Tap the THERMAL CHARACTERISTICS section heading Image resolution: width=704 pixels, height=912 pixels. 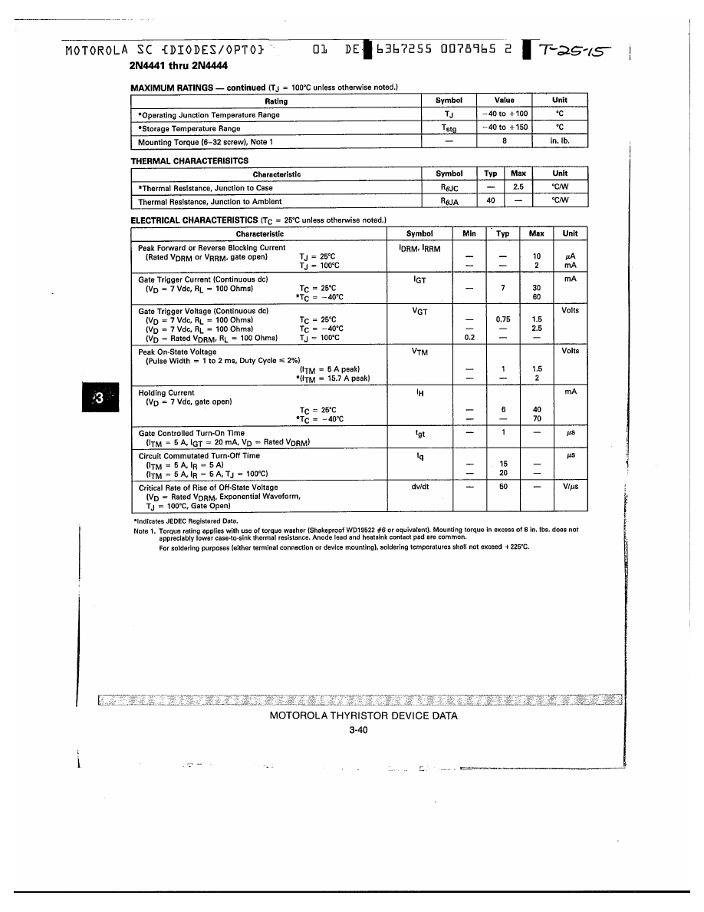(x=189, y=160)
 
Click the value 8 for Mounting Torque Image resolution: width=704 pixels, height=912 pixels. (x=504, y=142)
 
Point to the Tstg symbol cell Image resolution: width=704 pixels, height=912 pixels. (x=449, y=129)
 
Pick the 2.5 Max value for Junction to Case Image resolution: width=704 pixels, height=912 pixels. (x=518, y=187)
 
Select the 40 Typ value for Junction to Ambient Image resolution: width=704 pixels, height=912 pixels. (x=491, y=201)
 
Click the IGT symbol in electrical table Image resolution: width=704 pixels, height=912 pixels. (x=419, y=280)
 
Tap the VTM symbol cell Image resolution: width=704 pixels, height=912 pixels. (x=419, y=352)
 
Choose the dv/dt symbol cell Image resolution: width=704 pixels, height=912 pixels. (x=419, y=487)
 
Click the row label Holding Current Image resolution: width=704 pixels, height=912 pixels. (x=166, y=393)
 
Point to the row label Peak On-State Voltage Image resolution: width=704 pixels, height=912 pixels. (x=177, y=352)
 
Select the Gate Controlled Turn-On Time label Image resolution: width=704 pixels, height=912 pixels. (x=192, y=434)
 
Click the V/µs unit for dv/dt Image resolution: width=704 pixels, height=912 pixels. (x=570, y=487)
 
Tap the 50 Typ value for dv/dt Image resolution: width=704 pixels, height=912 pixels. (x=503, y=487)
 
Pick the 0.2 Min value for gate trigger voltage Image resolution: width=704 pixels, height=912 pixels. (x=469, y=338)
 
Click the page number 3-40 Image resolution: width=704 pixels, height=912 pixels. (x=358, y=731)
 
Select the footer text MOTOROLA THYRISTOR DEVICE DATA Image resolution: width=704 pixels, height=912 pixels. (x=364, y=716)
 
